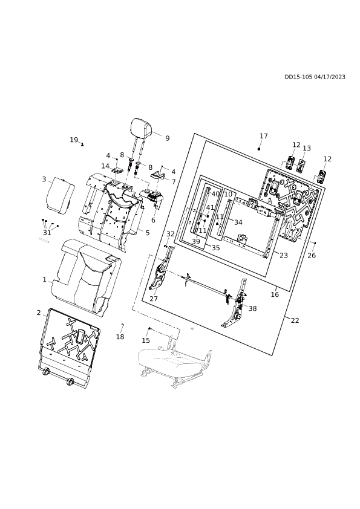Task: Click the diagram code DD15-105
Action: click(298, 77)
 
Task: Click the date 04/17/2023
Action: click(330, 77)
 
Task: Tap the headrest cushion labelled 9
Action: click(143, 127)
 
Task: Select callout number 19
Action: click(74, 140)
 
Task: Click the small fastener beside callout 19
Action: click(82, 144)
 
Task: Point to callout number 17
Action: click(264, 135)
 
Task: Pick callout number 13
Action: click(306, 148)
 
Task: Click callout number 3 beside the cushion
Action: click(44, 179)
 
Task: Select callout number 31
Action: click(47, 232)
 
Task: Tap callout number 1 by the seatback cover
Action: click(45, 279)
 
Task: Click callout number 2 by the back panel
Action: click(39, 313)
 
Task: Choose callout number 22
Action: click(295, 320)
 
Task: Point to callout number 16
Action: click(275, 294)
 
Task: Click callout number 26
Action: click(311, 256)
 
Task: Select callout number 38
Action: click(252, 308)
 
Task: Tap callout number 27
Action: click(153, 299)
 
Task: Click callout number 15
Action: click(146, 340)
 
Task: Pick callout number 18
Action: click(120, 337)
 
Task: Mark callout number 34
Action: click(238, 222)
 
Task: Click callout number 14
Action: click(105, 166)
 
